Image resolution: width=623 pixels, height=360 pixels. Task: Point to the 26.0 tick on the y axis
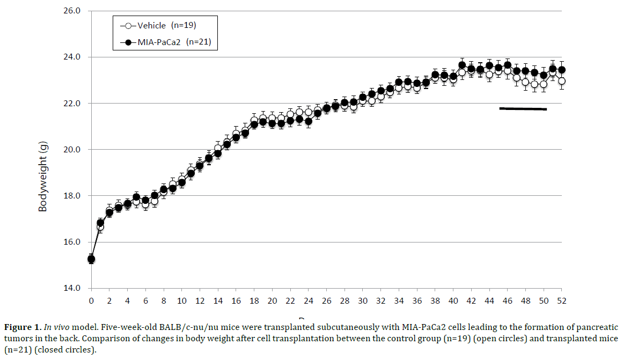(71, 11)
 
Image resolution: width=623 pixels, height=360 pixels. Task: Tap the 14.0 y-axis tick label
(71, 288)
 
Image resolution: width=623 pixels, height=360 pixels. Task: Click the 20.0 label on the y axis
(71, 150)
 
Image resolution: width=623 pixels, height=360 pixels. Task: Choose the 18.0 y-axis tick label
(71, 196)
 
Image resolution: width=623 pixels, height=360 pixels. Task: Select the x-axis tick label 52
(562, 300)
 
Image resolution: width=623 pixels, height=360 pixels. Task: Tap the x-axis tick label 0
(91, 300)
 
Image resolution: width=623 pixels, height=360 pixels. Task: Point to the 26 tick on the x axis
(326, 300)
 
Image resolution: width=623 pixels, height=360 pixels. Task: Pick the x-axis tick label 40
(453, 300)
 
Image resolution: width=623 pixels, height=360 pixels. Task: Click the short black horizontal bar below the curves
(523, 109)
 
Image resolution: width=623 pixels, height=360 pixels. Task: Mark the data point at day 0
(91, 259)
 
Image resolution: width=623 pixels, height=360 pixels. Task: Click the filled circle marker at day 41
(462, 65)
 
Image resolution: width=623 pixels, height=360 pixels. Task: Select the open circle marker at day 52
(562, 81)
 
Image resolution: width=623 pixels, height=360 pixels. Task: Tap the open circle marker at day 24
(309, 113)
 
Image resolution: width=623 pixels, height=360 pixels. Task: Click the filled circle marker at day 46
(508, 65)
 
